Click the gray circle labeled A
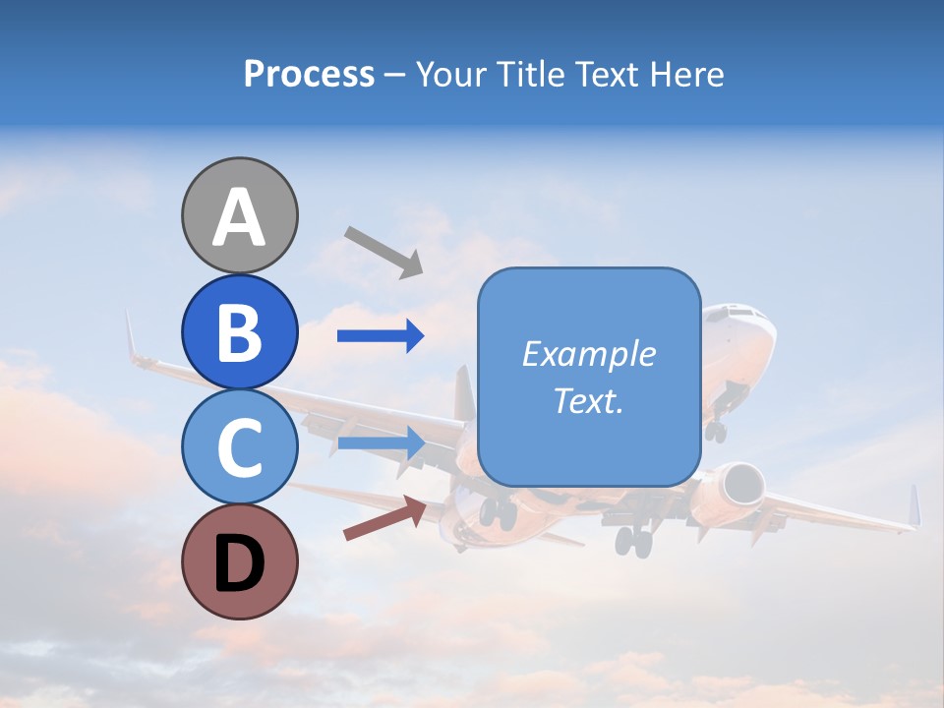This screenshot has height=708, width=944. coord(239,215)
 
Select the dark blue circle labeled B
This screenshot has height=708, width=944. coord(239,331)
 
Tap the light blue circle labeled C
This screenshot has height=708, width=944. coord(239,446)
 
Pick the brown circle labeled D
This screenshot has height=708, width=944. coord(239,561)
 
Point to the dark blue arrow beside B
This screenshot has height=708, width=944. coord(381,336)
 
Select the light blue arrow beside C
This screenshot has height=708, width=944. coord(381,442)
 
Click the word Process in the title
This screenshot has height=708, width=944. coord(309,74)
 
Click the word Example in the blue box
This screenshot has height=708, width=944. coord(589,354)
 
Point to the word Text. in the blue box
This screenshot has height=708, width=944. coord(589,400)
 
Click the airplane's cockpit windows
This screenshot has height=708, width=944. coord(745,314)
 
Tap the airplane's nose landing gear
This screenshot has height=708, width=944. coord(716,429)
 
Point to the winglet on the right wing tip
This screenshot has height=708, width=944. coord(914,505)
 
